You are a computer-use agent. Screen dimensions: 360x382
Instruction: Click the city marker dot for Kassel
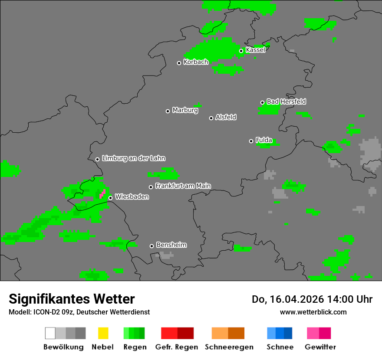(x=241, y=51)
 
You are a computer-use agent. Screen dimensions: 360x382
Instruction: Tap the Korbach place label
(x=196, y=62)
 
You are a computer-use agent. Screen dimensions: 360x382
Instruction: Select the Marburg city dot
(x=168, y=111)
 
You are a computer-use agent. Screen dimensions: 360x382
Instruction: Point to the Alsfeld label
(x=226, y=117)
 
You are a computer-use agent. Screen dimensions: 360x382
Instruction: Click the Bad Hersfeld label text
(x=286, y=101)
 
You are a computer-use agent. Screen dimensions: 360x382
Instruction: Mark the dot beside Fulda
(x=251, y=141)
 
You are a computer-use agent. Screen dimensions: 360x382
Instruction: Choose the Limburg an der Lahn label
(x=133, y=158)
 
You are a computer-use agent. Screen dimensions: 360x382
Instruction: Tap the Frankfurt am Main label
(x=183, y=186)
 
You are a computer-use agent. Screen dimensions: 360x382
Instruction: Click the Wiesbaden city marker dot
(x=110, y=198)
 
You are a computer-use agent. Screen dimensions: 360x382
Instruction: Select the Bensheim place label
(x=171, y=245)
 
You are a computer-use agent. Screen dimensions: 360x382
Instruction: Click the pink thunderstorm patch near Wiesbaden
(x=103, y=193)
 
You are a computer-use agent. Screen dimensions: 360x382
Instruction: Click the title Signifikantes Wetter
(x=72, y=299)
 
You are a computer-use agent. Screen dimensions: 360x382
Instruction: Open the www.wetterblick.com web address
(x=313, y=312)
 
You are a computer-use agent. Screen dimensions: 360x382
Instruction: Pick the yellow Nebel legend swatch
(x=103, y=333)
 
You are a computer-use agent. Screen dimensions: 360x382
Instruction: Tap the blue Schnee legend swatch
(x=279, y=333)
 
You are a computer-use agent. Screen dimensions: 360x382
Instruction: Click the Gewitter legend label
(x=320, y=347)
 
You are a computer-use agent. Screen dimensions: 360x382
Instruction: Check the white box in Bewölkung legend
(x=50, y=333)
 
